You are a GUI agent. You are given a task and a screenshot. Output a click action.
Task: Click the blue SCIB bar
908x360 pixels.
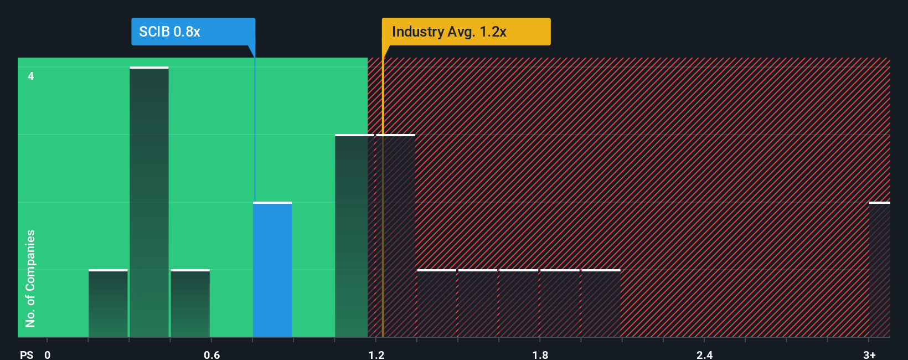[272, 270]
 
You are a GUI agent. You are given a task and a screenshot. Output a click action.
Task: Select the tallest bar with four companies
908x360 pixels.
[149, 202]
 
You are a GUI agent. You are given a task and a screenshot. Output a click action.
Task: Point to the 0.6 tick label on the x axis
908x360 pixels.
[211, 354]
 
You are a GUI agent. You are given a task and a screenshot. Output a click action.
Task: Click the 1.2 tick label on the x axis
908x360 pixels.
[376, 354]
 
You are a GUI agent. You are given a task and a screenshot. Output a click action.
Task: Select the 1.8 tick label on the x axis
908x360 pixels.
[540, 354]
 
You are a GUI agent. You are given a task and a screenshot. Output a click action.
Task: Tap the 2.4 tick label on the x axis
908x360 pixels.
[704, 354]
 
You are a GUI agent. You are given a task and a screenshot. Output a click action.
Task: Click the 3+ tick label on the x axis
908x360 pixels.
[869, 354]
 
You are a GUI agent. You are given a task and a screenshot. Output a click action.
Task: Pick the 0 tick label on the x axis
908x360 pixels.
[48, 354]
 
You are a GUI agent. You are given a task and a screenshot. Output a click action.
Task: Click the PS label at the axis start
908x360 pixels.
[27, 354]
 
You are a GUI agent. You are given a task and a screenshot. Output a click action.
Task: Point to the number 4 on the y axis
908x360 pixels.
[31, 76]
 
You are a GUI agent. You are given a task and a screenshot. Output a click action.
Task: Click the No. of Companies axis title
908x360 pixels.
[30, 278]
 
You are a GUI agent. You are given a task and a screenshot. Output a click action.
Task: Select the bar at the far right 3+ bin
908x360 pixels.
[879, 270]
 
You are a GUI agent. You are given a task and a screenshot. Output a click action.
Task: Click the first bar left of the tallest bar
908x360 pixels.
[108, 304]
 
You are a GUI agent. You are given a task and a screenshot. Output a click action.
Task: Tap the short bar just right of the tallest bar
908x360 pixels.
[190, 304]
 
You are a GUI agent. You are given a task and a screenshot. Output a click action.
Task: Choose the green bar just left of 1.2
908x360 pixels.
[352, 236]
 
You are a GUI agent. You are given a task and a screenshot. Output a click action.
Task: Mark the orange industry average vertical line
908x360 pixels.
[383, 222]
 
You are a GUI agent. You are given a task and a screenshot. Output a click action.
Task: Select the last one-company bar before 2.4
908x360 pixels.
[601, 304]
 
